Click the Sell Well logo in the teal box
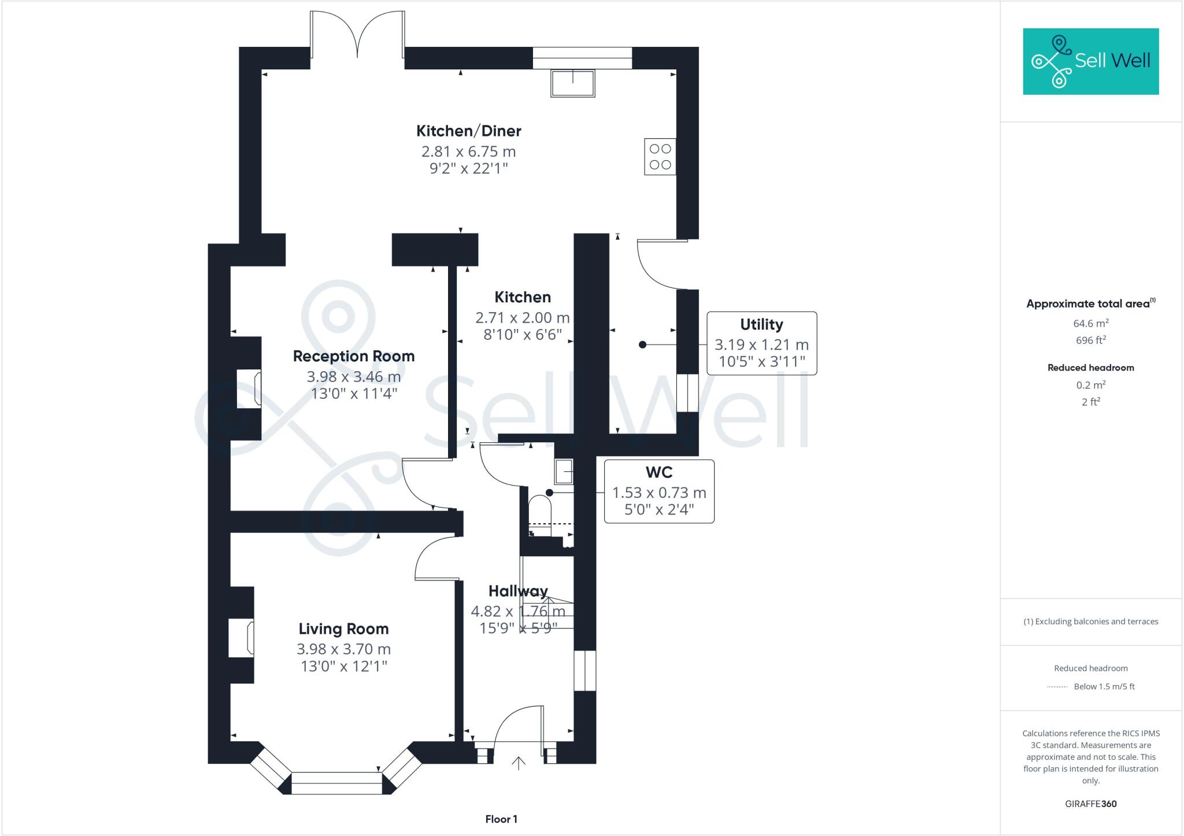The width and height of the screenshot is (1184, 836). (1090, 61)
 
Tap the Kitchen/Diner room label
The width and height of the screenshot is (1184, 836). (468, 131)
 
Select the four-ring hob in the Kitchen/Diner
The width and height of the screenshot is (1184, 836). (660, 157)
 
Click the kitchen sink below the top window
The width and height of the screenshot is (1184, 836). (572, 83)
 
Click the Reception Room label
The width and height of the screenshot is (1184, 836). (353, 356)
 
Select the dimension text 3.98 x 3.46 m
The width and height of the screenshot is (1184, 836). (353, 377)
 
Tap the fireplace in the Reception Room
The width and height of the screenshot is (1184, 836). (249, 389)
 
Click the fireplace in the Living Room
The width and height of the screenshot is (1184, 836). (242, 638)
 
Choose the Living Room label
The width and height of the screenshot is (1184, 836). (343, 629)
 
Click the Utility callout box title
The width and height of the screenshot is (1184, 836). (761, 324)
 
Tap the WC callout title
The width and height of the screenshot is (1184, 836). (659, 472)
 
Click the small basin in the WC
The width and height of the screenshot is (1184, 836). (564, 471)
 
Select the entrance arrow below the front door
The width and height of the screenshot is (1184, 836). (519, 763)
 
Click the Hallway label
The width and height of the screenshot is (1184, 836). (518, 591)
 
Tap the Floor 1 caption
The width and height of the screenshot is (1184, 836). (501, 819)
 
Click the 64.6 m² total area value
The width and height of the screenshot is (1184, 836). (1090, 324)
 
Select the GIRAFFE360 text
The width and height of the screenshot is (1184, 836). (1090, 804)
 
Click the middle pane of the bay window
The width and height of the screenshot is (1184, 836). (336, 783)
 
